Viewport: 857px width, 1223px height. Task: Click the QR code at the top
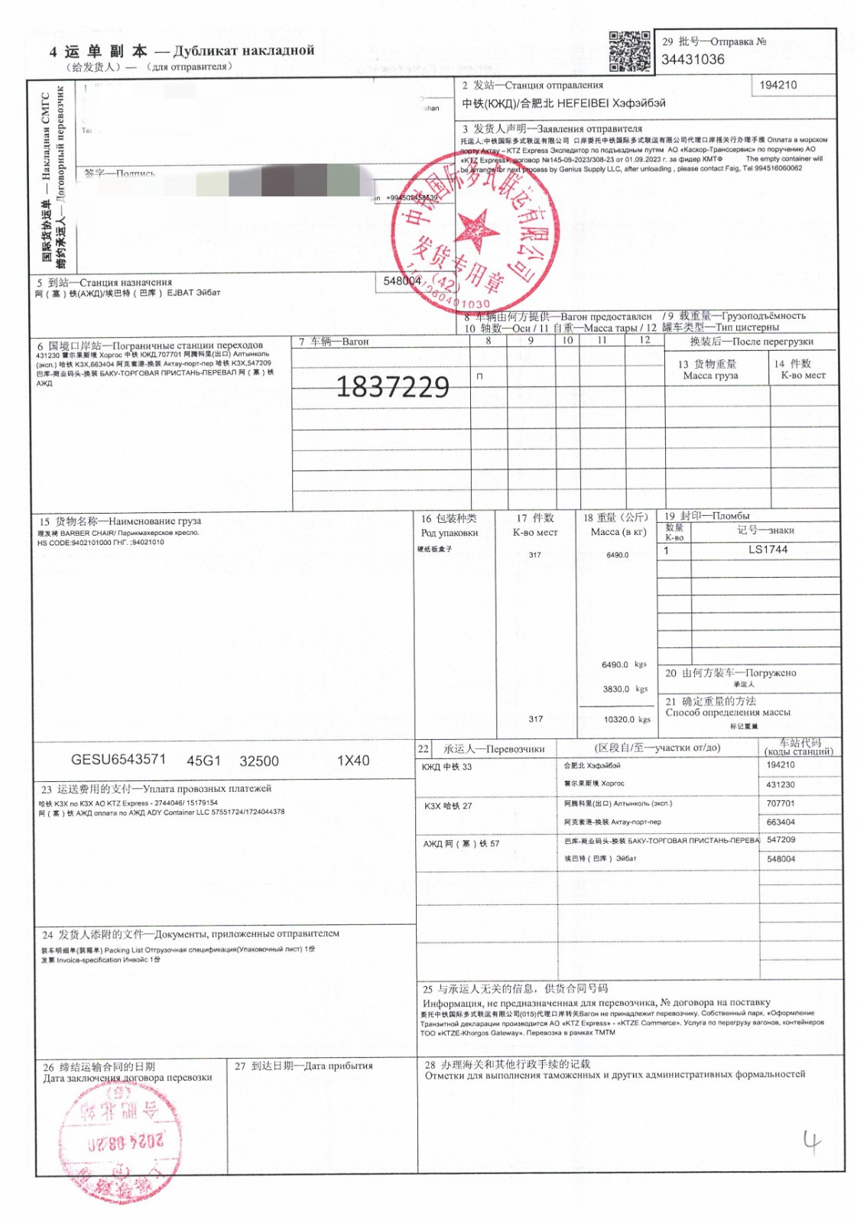(x=629, y=51)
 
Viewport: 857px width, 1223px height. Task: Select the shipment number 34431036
(x=693, y=60)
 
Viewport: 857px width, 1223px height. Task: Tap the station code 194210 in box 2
(x=777, y=85)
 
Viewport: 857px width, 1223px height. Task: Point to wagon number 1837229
(x=392, y=387)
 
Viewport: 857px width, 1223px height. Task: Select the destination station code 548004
(x=402, y=281)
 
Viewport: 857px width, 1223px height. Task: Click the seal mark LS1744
(x=768, y=550)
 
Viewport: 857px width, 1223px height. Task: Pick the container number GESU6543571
(x=118, y=759)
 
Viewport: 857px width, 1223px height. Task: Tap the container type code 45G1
(x=203, y=761)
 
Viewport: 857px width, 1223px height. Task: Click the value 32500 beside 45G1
(x=259, y=761)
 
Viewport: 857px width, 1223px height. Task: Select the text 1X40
(x=352, y=761)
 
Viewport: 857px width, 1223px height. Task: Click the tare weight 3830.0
(x=616, y=689)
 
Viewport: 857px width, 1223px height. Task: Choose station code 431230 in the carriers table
(x=781, y=784)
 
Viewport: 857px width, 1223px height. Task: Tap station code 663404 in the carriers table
(x=781, y=822)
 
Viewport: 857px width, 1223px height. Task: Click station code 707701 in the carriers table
(x=781, y=803)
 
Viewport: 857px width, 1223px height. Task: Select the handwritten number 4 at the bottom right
(x=811, y=1142)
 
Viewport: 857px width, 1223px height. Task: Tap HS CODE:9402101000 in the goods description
(x=73, y=542)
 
